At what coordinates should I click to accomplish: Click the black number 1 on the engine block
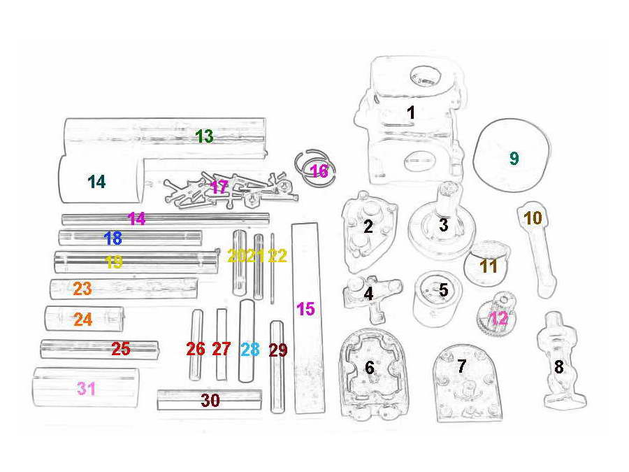pyautogui.click(x=410, y=113)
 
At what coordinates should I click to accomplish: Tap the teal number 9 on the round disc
pyautogui.click(x=514, y=158)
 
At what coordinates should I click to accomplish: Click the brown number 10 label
pyautogui.click(x=533, y=218)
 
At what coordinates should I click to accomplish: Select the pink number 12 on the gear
pyautogui.click(x=498, y=319)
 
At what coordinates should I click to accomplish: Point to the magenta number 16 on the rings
pyautogui.click(x=319, y=171)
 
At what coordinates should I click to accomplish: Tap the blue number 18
pyautogui.click(x=113, y=238)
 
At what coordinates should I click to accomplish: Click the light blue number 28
pyautogui.click(x=250, y=349)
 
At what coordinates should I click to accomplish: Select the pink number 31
pyautogui.click(x=86, y=389)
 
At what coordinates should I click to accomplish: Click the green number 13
pyautogui.click(x=205, y=136)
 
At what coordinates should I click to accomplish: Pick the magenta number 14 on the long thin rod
pyautogui.click(x=136, y=219)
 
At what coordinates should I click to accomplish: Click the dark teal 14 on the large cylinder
pyautogui.click(x=96, y=182)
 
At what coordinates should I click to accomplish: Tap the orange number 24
pyautogui.click(x=83, y=320)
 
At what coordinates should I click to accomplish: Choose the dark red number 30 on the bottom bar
pyautogui.click(x=210, y=400)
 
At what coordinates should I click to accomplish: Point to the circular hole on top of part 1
pyautogui.click(x=425, y=75)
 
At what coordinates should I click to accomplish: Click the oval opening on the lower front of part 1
pyautogui.click(x=420, y=162)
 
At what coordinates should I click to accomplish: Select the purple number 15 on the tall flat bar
pyautogui.click(x=305, y=309)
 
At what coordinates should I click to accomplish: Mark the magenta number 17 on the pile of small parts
pyautogui.click(x=219, y=187)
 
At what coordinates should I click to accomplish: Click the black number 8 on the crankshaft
pyautogui.click(x=559, y=367)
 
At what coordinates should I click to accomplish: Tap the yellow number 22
pyautogui.click(x=277, y=256)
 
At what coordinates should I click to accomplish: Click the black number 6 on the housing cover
pyautogui.click(x=370, y=367)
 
